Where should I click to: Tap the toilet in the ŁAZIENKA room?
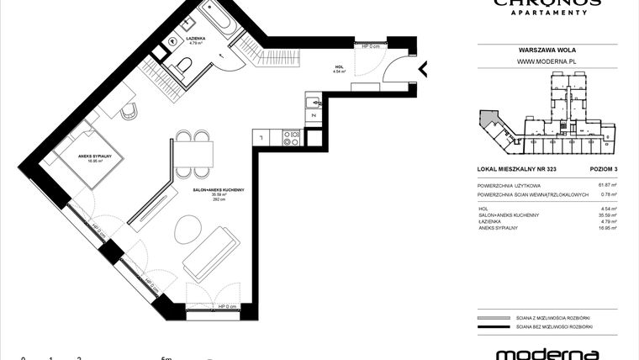pyautogui.click(x=184, y=66)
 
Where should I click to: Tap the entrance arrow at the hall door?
pyautogui.click(x=425, y=68)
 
